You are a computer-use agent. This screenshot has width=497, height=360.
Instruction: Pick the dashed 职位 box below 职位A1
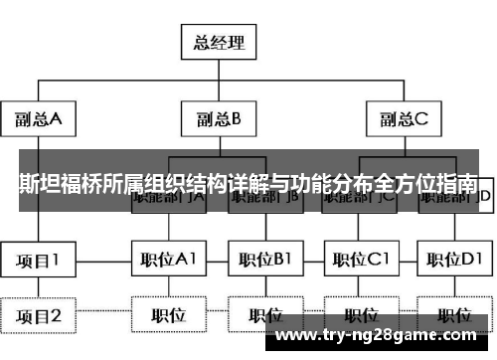click(x=167, y=316)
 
